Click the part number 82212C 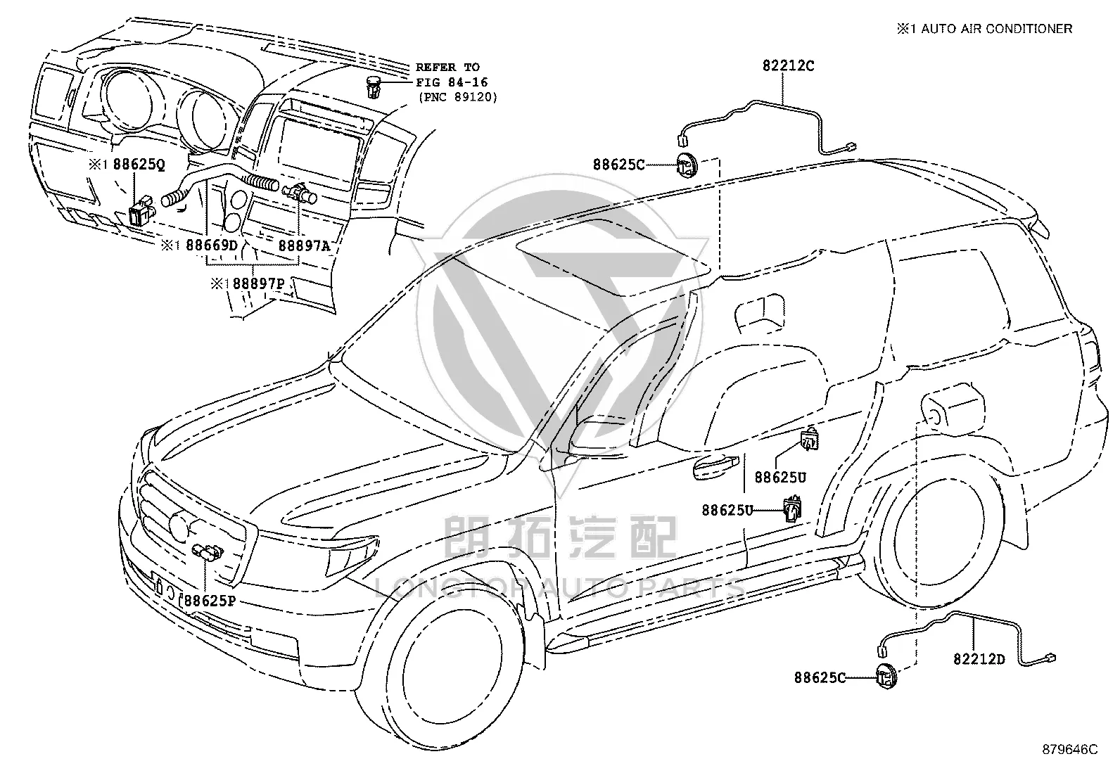coord(788,66)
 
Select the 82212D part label coord(979,659)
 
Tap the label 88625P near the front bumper coord(210,601)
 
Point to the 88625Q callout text coord(139,165)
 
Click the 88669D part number coord(212,245)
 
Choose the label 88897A coord(304,245)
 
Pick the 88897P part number coord(258,283)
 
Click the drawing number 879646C coord(1070,750)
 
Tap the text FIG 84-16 coord(452,82)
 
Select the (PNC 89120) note coord(458,97)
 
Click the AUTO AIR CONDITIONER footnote coord(996,29)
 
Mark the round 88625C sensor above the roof coord(686,165)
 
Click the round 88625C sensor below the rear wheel coord(886,677)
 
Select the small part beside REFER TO coord(373,87)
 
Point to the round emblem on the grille coord(179,525)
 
